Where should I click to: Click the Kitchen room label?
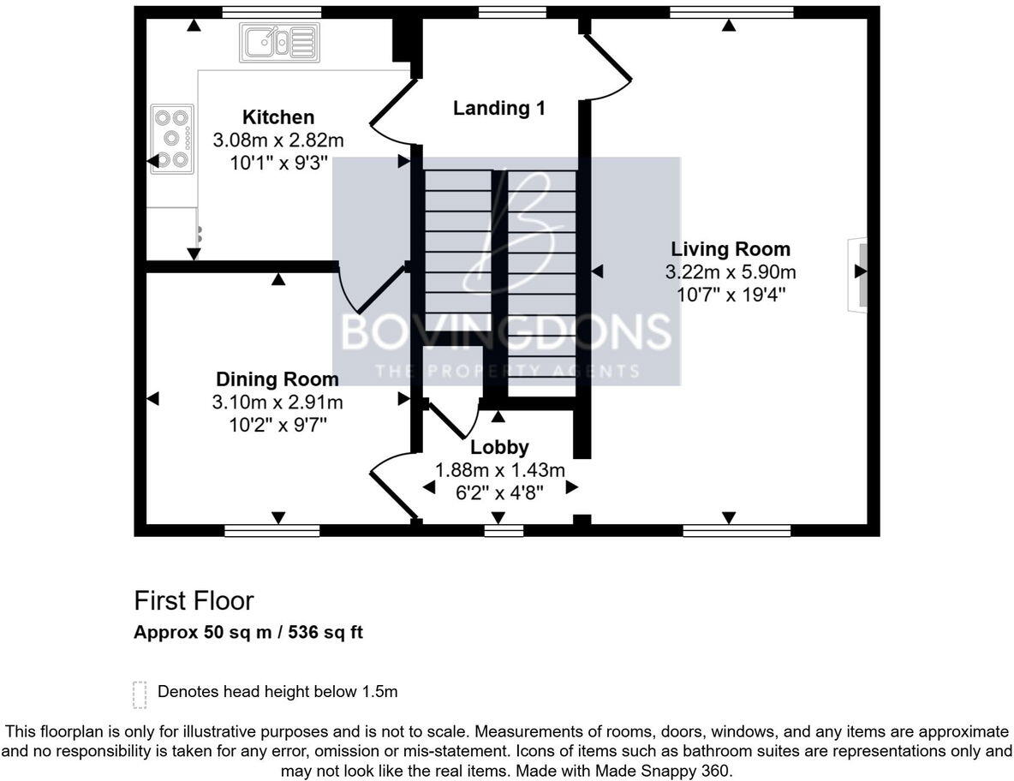(277, 117)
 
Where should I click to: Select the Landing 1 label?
(498, 109)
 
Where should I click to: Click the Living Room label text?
(730, 250)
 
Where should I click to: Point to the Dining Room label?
(277, 379)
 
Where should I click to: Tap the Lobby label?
(499, 447)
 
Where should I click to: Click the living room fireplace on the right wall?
(858, 275)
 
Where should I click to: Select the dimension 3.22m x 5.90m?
(730, 272)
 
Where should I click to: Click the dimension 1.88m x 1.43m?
(500, 469)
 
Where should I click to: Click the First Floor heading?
(194, 600)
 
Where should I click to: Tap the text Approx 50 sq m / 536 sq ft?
(248, 634)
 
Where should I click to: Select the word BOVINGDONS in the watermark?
(505, 331)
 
